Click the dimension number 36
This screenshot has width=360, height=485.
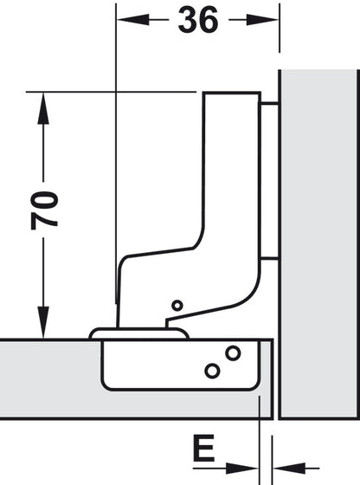(x=198, y=22)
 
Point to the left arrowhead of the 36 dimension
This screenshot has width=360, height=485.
(x=125, y=19)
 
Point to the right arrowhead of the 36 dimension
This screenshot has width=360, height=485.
(x=271, y=19)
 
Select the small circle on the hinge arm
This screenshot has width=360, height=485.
(x=177, y=305)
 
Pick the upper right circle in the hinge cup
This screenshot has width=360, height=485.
(x=233, y=352)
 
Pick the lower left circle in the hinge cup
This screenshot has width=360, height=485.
(x=211, y=371)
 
